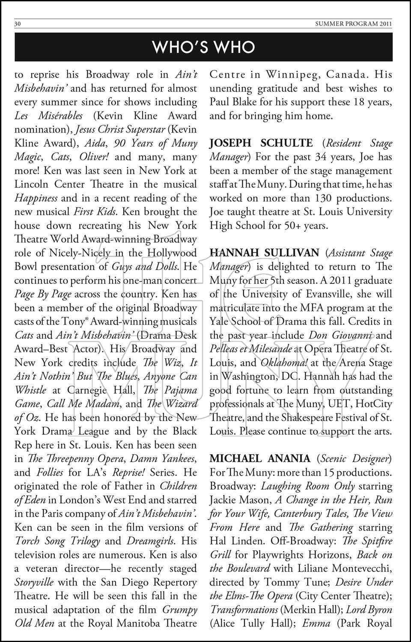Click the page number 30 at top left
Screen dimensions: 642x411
(x=18, y=24)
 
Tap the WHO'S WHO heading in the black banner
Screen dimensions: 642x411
(x=204, y=47)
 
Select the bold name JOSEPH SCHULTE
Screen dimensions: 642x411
(x=261, y=143)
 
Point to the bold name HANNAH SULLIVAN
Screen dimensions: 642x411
(x=264, y=253)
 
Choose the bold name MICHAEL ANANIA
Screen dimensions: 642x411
(x=260, y=459)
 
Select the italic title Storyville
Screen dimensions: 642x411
(x=34, y=582)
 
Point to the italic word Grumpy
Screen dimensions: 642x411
(x=180, y=609)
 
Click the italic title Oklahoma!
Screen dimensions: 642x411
(x=284, y=363)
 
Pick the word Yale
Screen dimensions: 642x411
(x=219, y=322)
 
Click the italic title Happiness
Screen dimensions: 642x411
(x=36, y=198)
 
